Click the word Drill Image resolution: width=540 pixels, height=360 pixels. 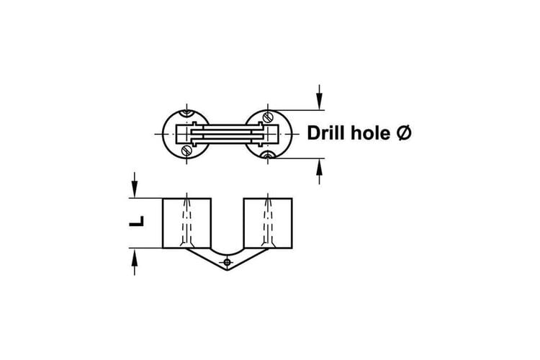[325, 132]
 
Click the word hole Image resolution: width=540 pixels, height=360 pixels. [371, 132]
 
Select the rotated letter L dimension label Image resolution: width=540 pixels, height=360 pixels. [137, 222]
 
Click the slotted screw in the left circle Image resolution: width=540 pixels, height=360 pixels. [186, 150]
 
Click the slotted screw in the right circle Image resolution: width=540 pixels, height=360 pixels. [267, 117]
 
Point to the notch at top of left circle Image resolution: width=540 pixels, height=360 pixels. [186, 112]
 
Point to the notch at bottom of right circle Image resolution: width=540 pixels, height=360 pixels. [268, 155]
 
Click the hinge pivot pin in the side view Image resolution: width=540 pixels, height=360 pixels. [227, 263]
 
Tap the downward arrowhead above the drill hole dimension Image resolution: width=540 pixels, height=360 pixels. [320, 102]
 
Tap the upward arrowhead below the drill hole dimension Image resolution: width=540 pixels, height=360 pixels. [320, 167]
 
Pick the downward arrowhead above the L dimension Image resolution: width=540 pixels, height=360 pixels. [135, 190]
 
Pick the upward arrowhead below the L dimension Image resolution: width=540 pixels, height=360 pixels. [135, 256]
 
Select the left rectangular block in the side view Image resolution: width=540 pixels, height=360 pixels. [186, 223]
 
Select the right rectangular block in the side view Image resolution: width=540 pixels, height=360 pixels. [268, 223]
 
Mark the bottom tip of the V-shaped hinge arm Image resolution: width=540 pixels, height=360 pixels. [227, 271]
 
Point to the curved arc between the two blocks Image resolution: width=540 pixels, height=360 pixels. [228, 255]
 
